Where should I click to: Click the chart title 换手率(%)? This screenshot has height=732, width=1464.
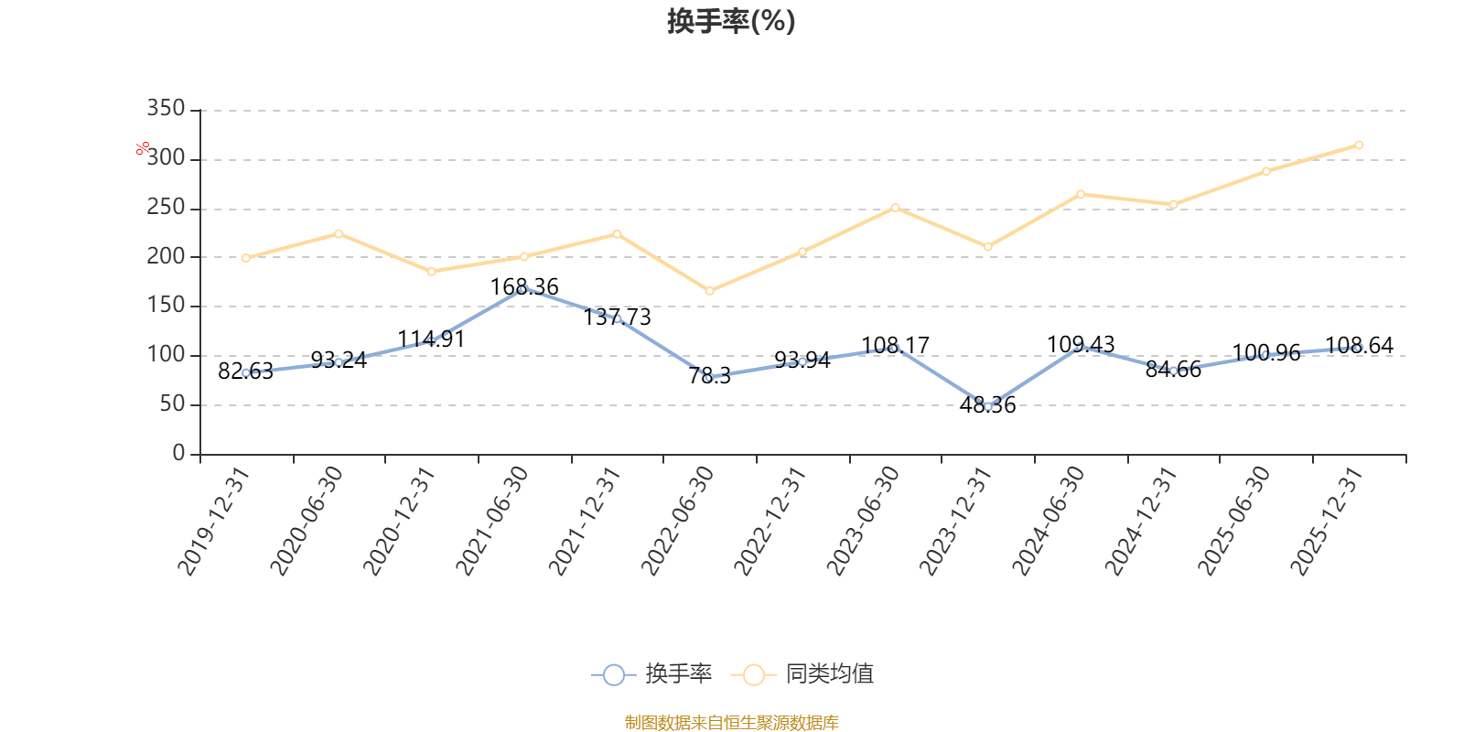click(731, 21)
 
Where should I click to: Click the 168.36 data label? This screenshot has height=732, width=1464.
click(524, 287)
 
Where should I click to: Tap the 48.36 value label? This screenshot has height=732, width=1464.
click(987, 405)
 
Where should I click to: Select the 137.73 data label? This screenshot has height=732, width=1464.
click(617, 318)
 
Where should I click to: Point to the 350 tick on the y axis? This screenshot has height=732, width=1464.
click(166, 109)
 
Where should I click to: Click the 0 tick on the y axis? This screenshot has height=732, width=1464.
click(178, 454)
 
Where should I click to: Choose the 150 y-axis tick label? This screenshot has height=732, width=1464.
click(166, 306)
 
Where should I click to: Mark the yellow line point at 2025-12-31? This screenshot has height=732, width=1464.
click(1359, 145)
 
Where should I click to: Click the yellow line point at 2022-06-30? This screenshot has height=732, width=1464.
click(709, 291)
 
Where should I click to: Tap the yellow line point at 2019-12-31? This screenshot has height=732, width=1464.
click(246, 258)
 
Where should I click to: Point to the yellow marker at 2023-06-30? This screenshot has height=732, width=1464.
click(895, 208)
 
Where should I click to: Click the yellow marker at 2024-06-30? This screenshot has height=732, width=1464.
click(1081, 194)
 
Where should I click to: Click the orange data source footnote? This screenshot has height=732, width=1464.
click(731, 723)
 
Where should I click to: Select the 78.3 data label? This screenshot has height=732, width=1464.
click(709, 376)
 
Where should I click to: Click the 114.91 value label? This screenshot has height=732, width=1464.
click(431, 339)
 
